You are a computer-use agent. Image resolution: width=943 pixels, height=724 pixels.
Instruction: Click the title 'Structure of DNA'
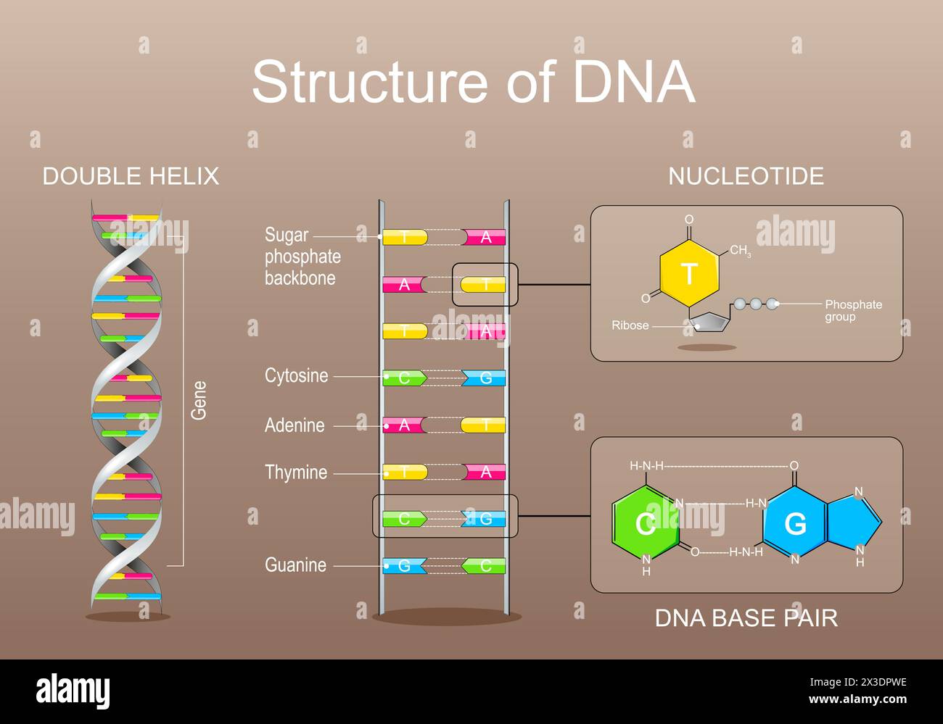click(473, 81)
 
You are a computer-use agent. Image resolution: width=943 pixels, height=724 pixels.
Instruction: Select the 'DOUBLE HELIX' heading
click(131, 176)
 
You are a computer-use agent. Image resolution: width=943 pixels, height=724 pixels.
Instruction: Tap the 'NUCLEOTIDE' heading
click(746, 176)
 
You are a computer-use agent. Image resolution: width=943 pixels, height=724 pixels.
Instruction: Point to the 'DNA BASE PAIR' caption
click(746, 618)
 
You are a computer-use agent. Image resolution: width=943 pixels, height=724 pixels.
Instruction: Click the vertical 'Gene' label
click(199, 400)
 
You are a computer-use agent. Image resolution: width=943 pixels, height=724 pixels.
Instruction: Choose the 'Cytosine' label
click(296, 376)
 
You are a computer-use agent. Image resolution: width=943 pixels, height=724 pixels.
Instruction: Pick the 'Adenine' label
click(295, 425)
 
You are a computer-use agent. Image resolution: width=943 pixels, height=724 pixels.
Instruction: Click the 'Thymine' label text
click(296, 473)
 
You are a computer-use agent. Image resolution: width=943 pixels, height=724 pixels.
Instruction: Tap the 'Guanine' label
click(295, 565)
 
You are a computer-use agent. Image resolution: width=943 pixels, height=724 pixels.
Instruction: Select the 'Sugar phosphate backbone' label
click(302, 257)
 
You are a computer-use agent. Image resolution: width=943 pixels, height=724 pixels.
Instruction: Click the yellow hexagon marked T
click(689, 274)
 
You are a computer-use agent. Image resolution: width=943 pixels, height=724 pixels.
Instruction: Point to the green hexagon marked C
click(645, 523)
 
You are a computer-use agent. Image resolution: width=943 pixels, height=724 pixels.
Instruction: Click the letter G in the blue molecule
click(796, 523)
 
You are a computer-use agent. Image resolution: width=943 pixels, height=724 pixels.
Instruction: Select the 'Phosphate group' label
click(853, 311)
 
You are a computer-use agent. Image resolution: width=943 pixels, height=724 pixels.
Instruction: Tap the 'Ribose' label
click(630, 325)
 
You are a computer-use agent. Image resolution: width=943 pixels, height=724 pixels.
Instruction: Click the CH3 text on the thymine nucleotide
click(740, 251)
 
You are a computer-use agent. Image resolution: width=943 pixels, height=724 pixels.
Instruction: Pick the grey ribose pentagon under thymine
click(711, 321)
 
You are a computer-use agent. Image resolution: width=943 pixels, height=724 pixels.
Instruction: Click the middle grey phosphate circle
click(756, 304)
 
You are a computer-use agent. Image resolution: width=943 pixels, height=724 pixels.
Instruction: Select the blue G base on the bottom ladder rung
click(404, 566)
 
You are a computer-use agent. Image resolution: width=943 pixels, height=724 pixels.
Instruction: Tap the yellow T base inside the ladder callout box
click(483, 285)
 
